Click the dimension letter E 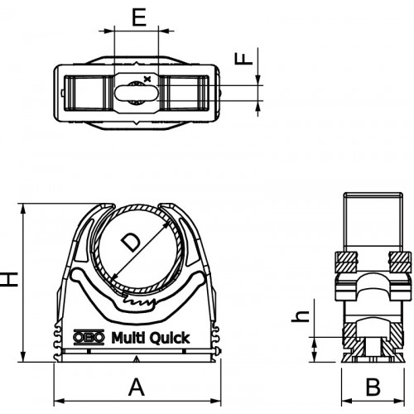click(x=139, y=17)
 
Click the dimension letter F click(x=244, y=59)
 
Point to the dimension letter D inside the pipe click(x=131, y=242)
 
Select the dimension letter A click(x=137, y=387)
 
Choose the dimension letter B click(x=373, y=387)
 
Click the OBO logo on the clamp click(x=89, y=337)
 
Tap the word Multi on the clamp click(x=128, y=337)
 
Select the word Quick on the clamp click(x=171, y=338)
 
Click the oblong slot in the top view click(x=137, y=93)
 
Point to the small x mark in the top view click(x=148, y=79)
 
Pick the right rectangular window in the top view click(x=183, y=93)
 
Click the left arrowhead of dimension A click(x=57, y=401)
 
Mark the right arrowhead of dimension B click(x=401, y=401)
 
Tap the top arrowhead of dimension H click(x=24, y=209)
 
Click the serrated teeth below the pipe click(x=138, y=301)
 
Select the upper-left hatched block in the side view click(x=346, y=262)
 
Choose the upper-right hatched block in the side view click(x=400, y=262)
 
